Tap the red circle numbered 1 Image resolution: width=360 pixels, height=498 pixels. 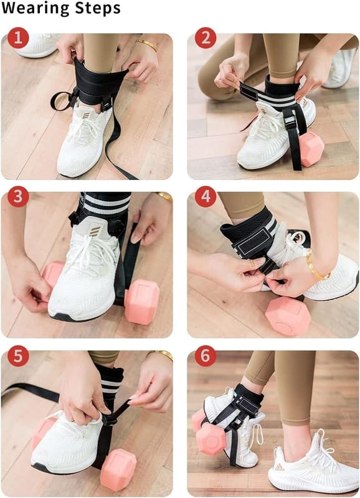(18, 38)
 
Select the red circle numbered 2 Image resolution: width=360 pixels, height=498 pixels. (206, 38)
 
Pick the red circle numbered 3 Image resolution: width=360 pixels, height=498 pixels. (18, 197)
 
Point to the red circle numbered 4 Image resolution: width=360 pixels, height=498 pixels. (206, 197)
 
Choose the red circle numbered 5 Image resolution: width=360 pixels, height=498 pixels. (18, 355)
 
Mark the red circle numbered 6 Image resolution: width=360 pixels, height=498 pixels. (206, 355)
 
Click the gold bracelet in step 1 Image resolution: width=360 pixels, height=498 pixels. (147, 45)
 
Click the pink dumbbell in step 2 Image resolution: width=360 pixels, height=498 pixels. (311, 149)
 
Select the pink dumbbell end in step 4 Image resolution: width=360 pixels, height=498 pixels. (288, 316)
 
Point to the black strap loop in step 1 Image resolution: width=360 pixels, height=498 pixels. (62, 101)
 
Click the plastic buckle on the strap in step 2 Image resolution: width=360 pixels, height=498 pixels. (289, 121)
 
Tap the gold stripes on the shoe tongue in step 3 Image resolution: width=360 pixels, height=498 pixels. (95, 231)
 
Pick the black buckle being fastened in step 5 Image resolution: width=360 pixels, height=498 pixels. (110, 420)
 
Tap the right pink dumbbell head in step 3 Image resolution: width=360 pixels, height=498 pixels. (141, 301)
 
